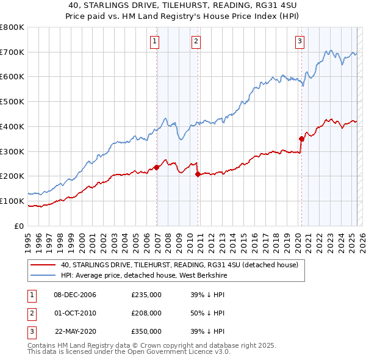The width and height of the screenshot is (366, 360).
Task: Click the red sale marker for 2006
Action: pyautogui.click(x=157, y=167)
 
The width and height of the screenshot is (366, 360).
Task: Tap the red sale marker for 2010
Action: pyautogui.click(x=198, y=174)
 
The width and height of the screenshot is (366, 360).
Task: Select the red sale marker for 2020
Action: pyautogui.click(x=301, y=139)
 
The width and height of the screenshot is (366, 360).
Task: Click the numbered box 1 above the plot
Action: pyautogui.click(x=155, y=41)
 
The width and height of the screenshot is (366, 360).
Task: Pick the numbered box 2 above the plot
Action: pyautogui.click(x=196, y=41)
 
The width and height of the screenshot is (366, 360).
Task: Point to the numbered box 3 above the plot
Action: pyautogui.click(x=300, y=41)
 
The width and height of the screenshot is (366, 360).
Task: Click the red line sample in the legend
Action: pyautogui.click(x=42, y=265)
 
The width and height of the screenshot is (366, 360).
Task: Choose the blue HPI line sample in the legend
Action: pyautogui.click(x=42, y=275)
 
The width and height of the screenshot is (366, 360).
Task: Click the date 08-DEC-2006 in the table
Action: pyautogui.click(x=75, y=295)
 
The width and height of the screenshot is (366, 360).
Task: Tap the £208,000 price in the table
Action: pyautogui.click(x=146, y=313)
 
